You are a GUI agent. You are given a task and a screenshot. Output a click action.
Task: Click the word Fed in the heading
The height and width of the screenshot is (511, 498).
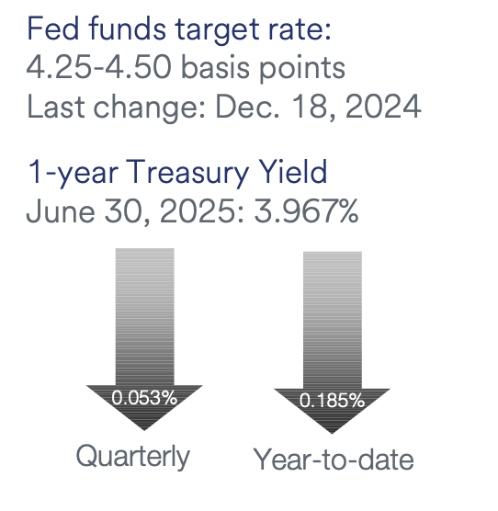click(53, 28)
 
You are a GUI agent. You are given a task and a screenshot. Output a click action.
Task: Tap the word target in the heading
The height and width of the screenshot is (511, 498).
click(218, 31)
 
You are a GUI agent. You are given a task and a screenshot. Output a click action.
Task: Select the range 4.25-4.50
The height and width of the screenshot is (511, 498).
click(98, 67)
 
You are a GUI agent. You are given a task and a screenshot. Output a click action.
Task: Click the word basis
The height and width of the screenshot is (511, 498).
click(215, 67)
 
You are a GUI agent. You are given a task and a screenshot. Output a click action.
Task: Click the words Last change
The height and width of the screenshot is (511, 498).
click(117, 107)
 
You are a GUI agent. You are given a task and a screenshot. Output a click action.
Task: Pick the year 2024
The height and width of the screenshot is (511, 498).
click(383, 107)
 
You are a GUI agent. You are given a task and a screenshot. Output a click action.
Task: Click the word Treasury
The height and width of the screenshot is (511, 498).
click(187, 173)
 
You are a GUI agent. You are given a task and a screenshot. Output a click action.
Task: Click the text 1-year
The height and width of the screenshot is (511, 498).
click(74, 173)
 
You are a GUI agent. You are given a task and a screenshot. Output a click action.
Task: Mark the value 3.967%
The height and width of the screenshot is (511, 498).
click(306, 211)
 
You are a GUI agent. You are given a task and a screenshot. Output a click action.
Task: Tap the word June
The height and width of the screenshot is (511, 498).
click(61, 211)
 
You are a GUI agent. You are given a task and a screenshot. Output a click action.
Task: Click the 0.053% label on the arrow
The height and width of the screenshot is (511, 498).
click(144, 398)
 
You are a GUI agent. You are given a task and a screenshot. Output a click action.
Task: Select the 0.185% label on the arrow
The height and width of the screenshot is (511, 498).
click(332, 400)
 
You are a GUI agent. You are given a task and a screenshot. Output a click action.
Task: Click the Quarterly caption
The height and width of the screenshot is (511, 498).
click(133, 457)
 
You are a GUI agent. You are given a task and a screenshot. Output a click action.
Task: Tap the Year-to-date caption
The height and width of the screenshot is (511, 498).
click(334, 459)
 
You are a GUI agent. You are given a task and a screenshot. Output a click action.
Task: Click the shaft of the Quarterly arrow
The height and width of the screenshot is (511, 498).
click(144, 317)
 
